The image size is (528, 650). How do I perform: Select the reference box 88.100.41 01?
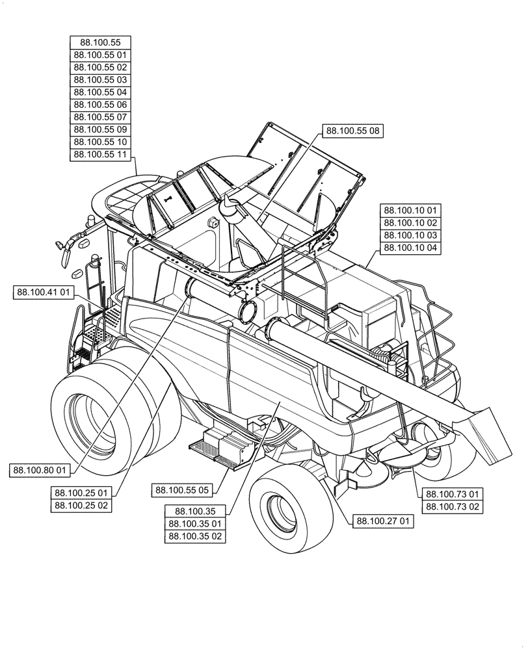(42, 293)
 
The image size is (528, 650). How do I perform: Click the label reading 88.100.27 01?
(382, 520)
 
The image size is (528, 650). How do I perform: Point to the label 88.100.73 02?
(452, 507)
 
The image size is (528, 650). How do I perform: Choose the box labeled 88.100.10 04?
(410, 247)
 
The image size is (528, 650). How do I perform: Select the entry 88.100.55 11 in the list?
(100, 154)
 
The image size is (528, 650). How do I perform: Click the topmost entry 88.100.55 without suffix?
(100, 43)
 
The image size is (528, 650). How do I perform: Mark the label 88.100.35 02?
(195, 536)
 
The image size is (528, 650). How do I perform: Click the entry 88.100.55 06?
(100, 105)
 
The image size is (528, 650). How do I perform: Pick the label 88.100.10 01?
(410, 210)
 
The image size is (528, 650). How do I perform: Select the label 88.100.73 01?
(452, 493)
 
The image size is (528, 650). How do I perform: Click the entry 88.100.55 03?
(100, 80)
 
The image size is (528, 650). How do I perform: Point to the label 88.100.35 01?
(195, 524)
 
